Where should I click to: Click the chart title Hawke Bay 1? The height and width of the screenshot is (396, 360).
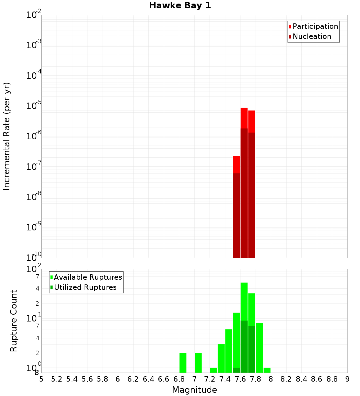point(180,6)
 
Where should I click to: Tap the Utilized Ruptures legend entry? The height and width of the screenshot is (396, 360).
point(85,287)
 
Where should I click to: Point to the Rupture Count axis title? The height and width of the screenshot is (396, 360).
point(14,321)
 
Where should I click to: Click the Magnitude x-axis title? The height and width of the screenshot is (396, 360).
point(194,390)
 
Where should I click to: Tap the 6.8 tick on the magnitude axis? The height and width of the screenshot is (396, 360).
point(179,379)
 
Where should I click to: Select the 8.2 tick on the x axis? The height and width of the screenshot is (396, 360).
point(286,379)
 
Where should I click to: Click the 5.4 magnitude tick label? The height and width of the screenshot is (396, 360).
point(72,379)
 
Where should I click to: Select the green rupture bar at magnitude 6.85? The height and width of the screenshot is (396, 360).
point(183,363)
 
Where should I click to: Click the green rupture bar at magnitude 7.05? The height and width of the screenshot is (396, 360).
point(198,363)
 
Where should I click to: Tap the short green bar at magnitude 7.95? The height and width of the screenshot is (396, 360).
point(267,370)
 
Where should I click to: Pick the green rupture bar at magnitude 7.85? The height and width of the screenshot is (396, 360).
point(259,348)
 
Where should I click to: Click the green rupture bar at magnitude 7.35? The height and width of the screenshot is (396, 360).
point(221,358)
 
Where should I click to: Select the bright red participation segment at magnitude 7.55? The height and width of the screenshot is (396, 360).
point(237,164)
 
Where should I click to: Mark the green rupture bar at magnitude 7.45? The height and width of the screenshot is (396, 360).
point(229,351)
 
